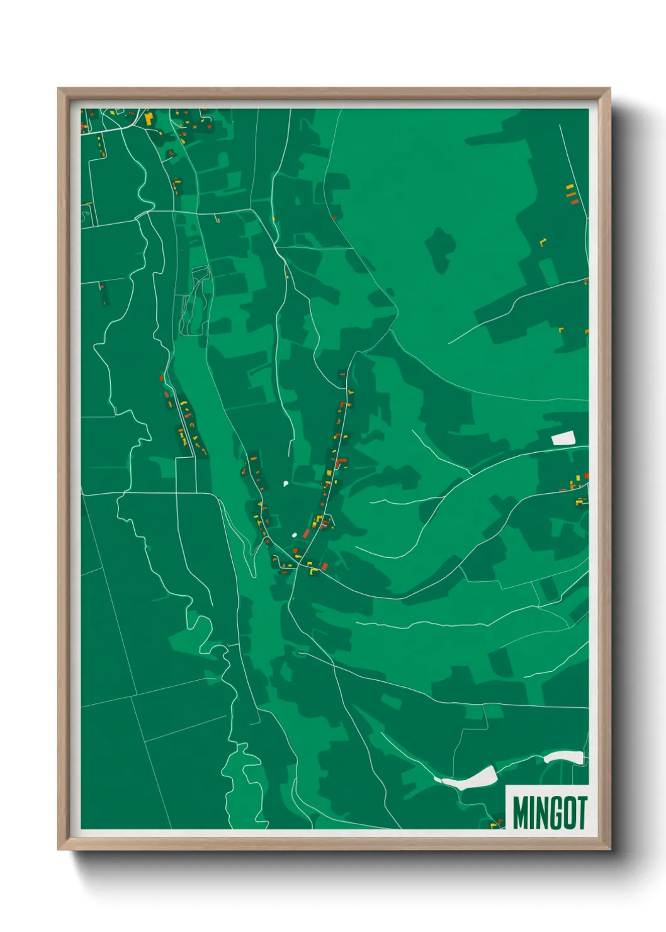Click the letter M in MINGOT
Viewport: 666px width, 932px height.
[x=521, y=813]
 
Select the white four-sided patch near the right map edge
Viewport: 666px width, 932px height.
[x=563, y=438]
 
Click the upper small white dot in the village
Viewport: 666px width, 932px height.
[x=286, y=484]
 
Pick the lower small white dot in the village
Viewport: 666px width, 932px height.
[x=294, y=535]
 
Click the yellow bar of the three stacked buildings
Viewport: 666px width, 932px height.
[x=569, y=187]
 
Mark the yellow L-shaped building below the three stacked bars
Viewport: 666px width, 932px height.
[x=543, y=241]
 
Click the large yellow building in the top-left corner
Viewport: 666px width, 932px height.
[x=149, y=118]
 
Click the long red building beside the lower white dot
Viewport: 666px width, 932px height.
[x=306, y=533]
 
